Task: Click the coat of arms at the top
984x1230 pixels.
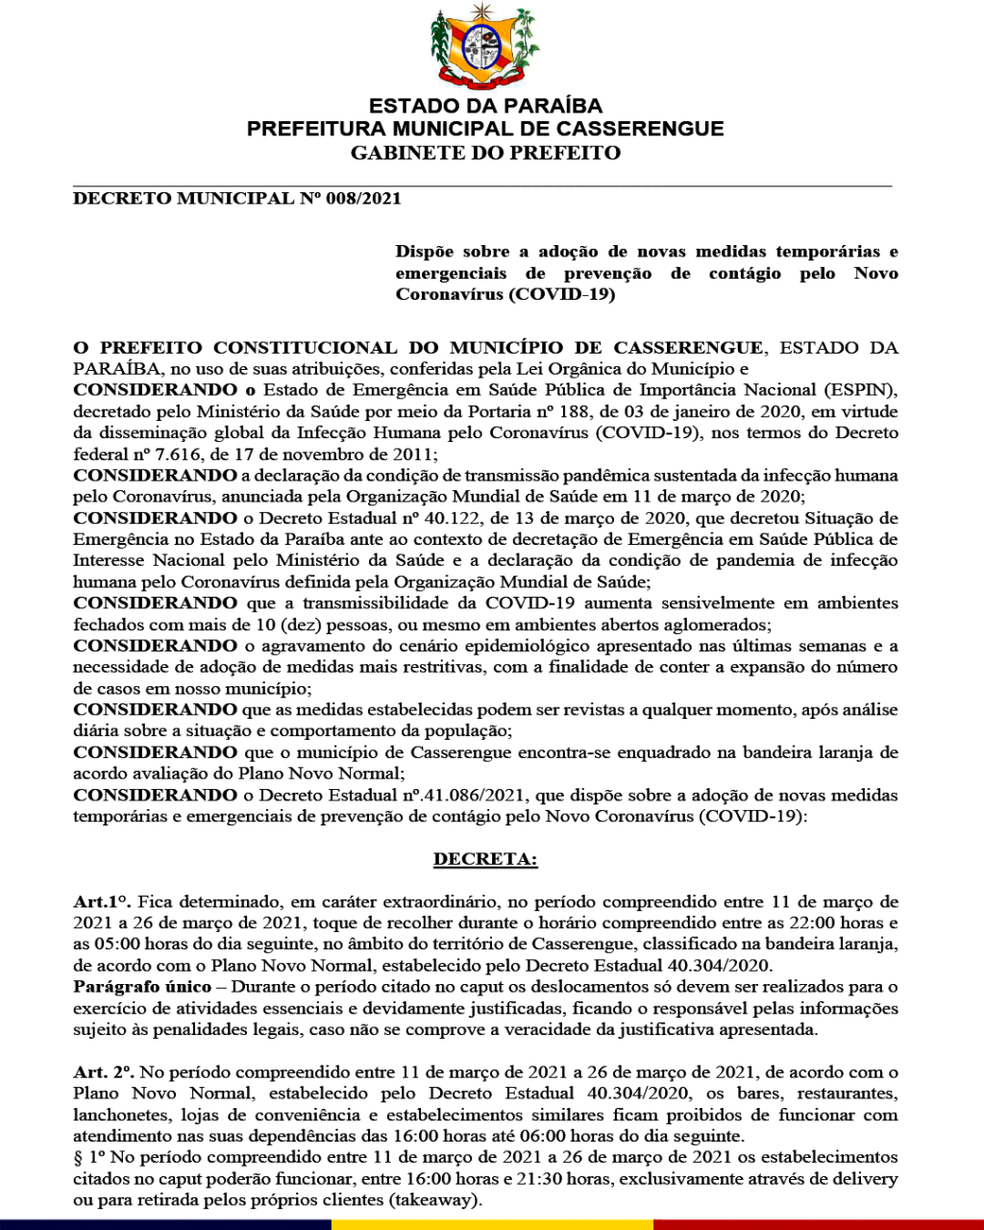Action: [x=485, y=47]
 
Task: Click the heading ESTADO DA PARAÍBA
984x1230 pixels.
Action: [x=485, y=106]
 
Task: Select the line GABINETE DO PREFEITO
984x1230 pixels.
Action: [x=485, y=153]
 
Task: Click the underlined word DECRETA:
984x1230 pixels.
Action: [x=485, y=859]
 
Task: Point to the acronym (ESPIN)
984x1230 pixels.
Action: [x=865, y=390]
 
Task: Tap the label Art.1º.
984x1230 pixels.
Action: [x=103, y=901]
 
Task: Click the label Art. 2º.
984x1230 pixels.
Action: [x=105, y=1071]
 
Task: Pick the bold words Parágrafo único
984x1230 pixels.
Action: [x=142, y=987]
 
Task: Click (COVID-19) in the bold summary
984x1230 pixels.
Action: [x=562, y=294]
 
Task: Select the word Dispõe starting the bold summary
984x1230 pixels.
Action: [x=423, y=252]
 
